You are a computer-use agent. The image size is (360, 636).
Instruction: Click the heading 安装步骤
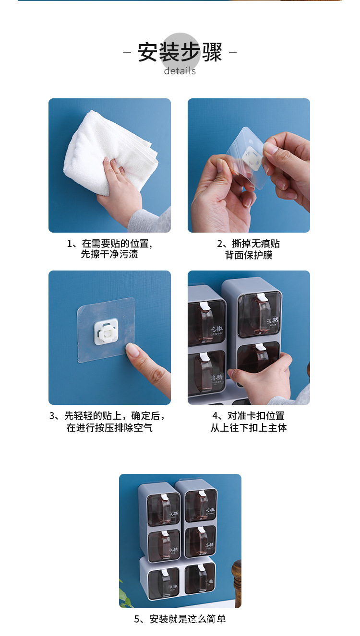(x=180, y=52)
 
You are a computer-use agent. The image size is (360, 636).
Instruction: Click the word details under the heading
(x=180, y=71)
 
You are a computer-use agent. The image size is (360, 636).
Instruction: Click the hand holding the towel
(x=120, y=192)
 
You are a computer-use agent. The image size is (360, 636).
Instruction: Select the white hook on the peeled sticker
(x=253, y=158)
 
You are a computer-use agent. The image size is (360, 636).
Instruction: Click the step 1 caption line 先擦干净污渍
(x=109, y=255)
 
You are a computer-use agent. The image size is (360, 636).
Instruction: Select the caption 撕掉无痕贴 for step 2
(x=248, y=244)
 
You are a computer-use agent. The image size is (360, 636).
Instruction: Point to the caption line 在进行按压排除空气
(x=109, y=427)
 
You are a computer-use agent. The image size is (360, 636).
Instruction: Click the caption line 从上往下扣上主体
(x=248, y=427)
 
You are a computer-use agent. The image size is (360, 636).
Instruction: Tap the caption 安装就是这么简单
(x=180, y=619)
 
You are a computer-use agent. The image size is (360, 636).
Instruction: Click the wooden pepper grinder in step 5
(x=236, y=583)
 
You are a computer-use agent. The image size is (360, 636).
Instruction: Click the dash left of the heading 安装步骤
(x=127, y=52)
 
